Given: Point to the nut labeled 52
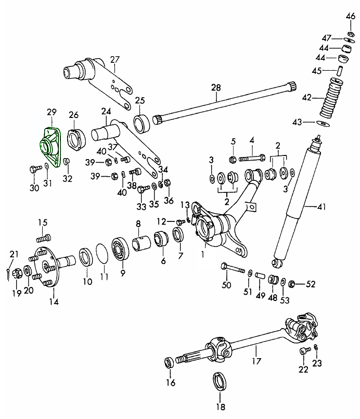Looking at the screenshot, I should point(292,283).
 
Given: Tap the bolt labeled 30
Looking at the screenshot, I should point(35,169).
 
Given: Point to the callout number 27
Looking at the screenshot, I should point(114,59).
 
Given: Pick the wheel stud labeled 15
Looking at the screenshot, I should point(43,239).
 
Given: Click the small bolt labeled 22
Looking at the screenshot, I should point(304,351).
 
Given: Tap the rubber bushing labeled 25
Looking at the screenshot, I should point(142,124).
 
